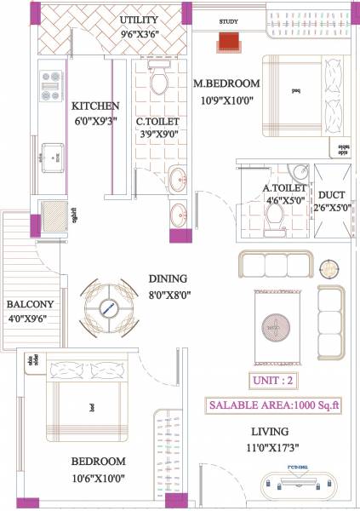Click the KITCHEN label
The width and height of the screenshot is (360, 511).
click(94, 106)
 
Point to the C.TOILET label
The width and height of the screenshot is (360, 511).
click(157, 122)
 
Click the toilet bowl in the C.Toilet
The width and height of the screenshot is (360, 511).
click(158, 82)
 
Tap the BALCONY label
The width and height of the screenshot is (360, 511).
click(31, 304)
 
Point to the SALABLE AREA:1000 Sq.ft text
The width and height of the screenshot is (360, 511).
click(275, 405)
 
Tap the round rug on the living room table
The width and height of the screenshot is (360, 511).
click(276, 325)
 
